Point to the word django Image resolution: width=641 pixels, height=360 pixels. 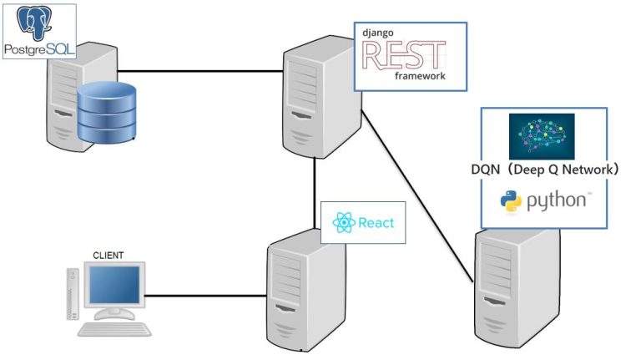[x=377, y=31]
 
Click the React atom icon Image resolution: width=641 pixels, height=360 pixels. [x=343, y=223]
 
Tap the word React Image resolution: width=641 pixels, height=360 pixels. [x=376, y=223]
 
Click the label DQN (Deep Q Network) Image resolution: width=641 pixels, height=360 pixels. [x=543, y=170]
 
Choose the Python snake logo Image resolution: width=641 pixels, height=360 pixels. [x=511, y=201]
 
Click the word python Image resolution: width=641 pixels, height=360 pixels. [x=558, y=201]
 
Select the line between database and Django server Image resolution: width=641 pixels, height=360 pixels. [x=200, y=72]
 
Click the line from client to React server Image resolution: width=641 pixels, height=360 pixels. [x=204, y=294]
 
